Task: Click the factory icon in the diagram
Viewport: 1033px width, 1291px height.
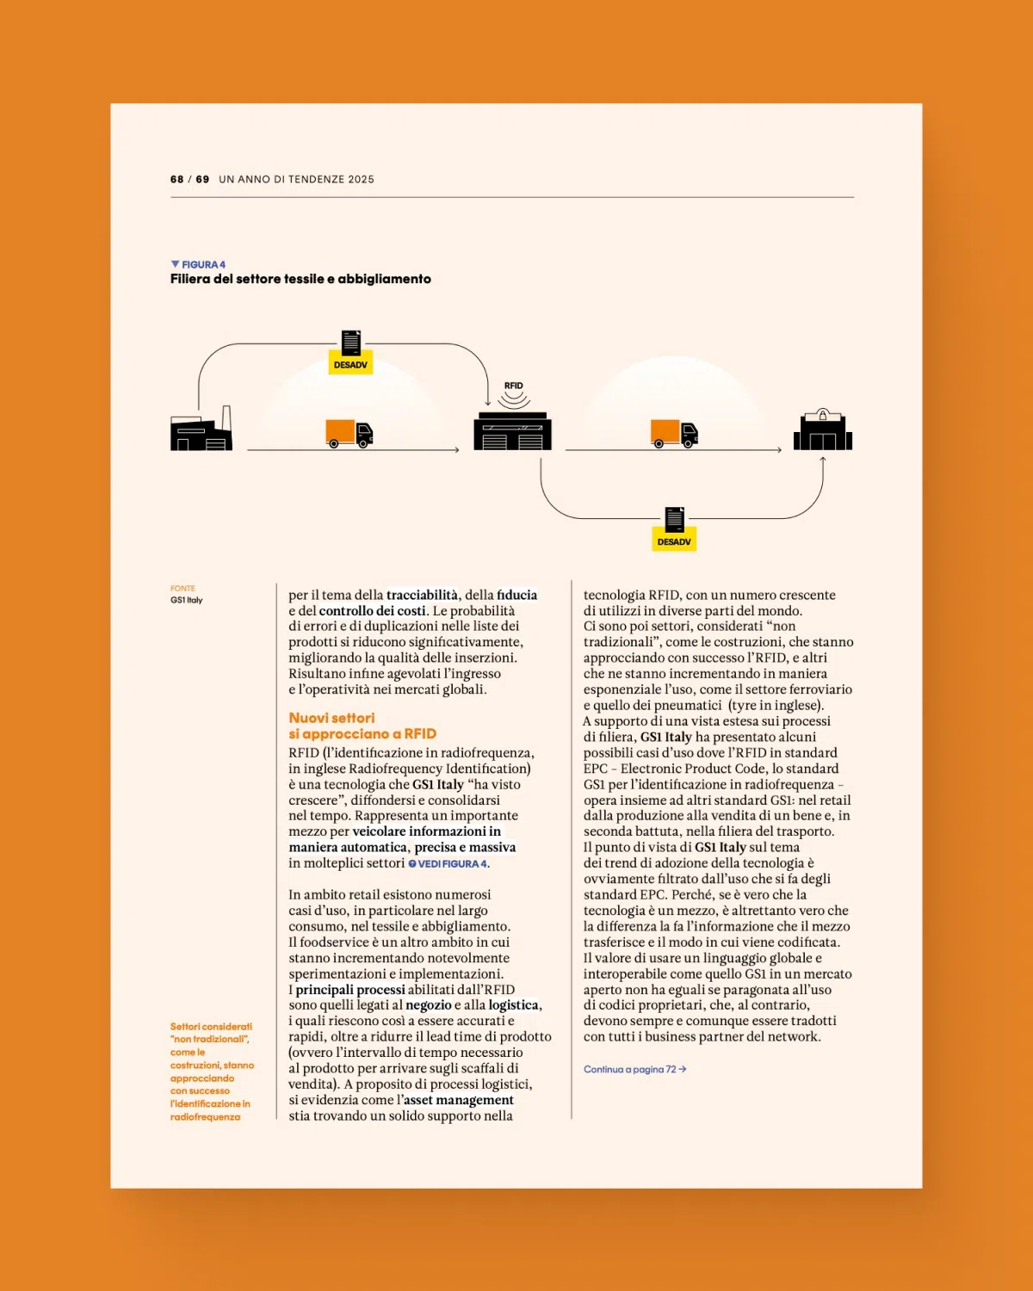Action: [x=201, y=430]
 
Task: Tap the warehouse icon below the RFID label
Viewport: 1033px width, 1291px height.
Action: [x=512, y=431]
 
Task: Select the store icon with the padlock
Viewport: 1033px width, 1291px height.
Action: [x=823, y=430]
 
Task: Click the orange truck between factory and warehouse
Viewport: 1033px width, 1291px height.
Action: [x=349, y=433]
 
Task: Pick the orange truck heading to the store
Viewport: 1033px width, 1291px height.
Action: [x=674, y=433]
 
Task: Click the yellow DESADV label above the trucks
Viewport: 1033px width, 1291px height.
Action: [x=350, y=365]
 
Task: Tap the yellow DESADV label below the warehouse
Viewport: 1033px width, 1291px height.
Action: [x=674, y=541]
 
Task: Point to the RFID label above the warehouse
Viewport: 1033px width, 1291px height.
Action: [x=513, y=386]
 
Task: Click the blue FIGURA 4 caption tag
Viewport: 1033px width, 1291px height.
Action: [x=199, y=264]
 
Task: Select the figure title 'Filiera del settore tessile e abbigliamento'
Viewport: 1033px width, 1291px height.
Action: [x=300, y=279]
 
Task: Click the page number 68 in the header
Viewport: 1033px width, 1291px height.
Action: [x=176, y=179]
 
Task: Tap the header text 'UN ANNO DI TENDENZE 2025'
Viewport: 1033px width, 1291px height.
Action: [x=296, y=179]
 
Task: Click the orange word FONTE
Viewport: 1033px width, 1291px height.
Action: [x=182, y=589]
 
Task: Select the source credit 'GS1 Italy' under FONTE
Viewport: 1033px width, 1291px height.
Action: [x=186, y=600]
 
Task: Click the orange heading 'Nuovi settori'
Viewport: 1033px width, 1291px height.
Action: [x=331, y=718]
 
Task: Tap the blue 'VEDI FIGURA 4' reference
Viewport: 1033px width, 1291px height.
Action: [x=448, y=863]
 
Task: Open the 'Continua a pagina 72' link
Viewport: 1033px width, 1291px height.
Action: [x=634, y=1069]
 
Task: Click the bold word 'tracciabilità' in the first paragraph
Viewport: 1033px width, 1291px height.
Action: [x=422, y=595]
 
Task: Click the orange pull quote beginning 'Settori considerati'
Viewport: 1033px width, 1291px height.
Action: [x=212, y=1071]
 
